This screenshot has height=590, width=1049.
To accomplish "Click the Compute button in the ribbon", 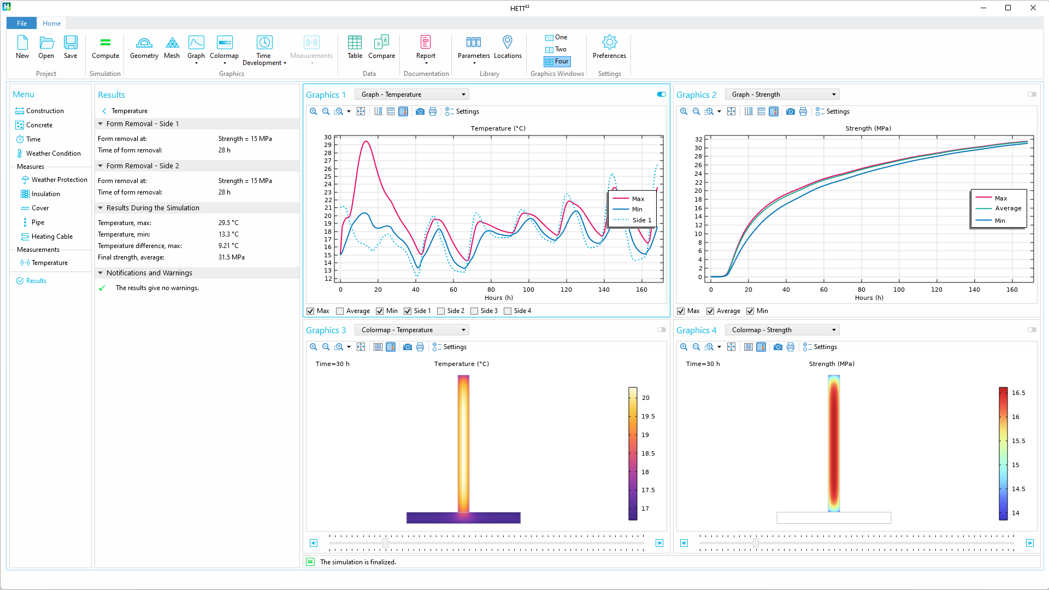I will point(105,47).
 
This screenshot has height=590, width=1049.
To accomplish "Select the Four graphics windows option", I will point(557,62).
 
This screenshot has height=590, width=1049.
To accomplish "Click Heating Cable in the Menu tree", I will point(52,237).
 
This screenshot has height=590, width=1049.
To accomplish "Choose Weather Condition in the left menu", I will point(53,154).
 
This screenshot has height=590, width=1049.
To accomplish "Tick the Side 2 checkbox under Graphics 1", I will point(441,311).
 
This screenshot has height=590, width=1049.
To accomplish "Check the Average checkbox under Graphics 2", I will point(710,311).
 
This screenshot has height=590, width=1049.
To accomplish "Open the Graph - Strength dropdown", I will point(782,95).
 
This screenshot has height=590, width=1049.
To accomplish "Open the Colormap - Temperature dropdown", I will point(411,330).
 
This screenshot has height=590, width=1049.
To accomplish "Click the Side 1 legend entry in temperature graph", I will point(641,220).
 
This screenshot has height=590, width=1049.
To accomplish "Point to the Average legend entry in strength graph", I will point(1007,208).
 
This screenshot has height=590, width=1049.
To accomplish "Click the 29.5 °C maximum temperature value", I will point(228,223).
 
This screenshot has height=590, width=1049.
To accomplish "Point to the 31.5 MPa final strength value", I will point(232,257).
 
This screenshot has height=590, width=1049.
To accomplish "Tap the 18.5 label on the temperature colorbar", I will point(648,453).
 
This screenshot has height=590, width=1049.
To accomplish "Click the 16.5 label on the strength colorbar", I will point(1018,393).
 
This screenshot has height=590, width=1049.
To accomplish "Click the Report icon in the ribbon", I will point(426,47).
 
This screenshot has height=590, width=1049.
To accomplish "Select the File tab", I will point(22,23).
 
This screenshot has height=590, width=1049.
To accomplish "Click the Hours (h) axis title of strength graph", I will point(869,298).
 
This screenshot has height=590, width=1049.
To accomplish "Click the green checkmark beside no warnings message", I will point(102,288).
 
